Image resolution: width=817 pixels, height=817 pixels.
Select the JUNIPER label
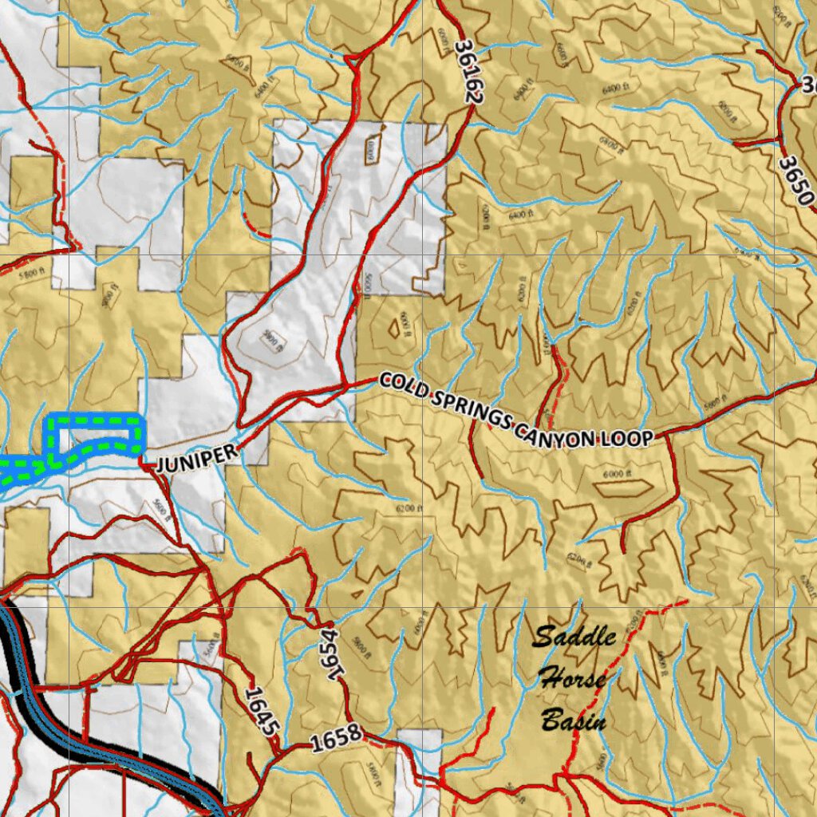click(x=196, y=458)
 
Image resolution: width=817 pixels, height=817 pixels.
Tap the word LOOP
click(x=628, y=438)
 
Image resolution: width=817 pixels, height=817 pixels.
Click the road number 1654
click(x=334, y=653)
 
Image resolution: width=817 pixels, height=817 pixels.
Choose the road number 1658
click(x=336, y=740)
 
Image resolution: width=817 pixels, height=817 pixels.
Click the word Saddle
click(x=574, y=637)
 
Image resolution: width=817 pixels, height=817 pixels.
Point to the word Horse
click(x=571, y=680)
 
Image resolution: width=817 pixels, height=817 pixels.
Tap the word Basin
click(x=573, y=722)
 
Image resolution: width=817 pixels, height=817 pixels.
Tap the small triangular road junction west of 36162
click(x=351, y=58)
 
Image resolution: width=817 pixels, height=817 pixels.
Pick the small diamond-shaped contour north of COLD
click(x=393, y=327)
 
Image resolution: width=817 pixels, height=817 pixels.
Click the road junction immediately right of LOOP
click(x=665, y=434)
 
